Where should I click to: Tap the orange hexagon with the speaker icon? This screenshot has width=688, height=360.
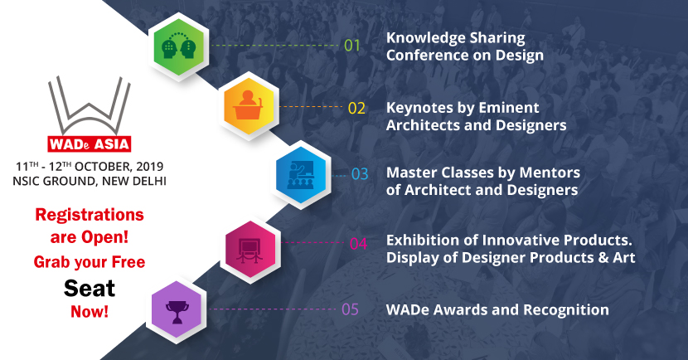250,109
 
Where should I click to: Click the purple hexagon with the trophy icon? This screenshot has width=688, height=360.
176,311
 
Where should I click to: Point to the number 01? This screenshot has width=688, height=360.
353,46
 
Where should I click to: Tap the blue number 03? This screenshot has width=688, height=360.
360,175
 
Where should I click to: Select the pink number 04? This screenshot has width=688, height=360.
358,244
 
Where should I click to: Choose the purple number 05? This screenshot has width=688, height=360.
351,310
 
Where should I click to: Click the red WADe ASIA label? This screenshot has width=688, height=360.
89,142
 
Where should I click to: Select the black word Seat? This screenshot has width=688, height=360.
89,288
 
